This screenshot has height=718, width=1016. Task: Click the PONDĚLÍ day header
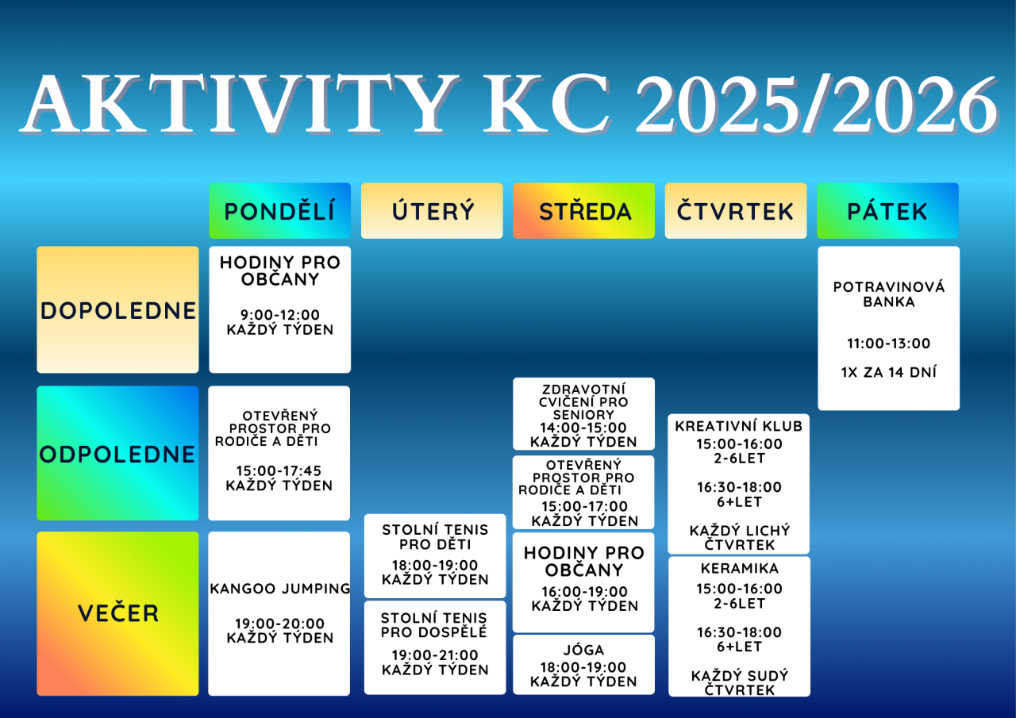(x=280, y=211)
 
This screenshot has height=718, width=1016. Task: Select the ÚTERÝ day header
(x=432, y=211)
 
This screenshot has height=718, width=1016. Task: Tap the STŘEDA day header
(x=583, y=211)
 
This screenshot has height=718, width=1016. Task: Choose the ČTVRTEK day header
(x=736, y=211)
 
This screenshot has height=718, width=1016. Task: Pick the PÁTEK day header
(x=887, y=211)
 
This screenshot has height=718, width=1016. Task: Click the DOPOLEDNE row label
(x=118, y=310)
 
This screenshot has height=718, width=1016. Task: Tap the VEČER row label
(x=118, y=614)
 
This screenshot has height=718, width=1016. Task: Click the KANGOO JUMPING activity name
(x=280, y=589)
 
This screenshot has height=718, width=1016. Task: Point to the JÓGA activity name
(x=583, y=650)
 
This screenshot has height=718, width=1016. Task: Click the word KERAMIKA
(x=739, y=568)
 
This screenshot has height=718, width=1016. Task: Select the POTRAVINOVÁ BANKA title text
(x=888, y=294)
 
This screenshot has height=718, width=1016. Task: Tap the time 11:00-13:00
(x=888, y=344)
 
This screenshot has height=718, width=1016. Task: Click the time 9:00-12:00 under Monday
(x=280, y=315)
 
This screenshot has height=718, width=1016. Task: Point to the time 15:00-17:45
(x=279, y=470)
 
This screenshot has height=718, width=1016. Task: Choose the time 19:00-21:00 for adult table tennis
(x=435, y=655)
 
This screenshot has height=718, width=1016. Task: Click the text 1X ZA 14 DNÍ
(x=888, y=372)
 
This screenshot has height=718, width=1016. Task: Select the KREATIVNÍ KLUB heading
(x=739, y=426)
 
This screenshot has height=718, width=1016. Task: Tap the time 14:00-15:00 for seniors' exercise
(x=583, y=428)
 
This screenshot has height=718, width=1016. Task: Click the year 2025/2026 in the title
(x=817, y=105)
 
